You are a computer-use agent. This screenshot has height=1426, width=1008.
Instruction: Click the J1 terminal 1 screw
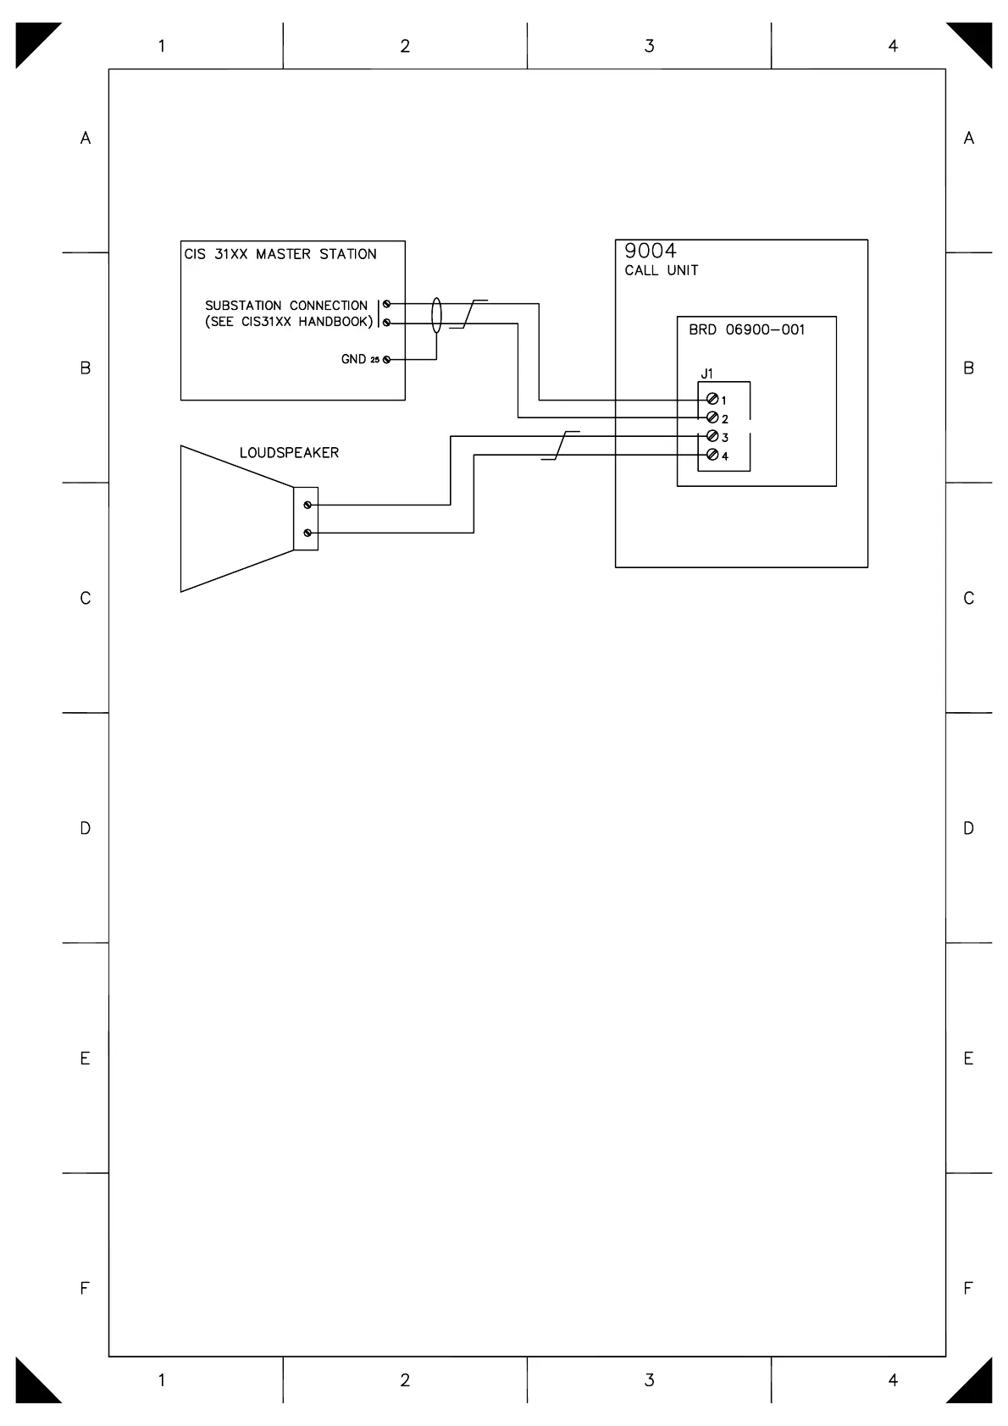coord(712,400)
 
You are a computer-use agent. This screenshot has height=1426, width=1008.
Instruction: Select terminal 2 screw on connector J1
coord(712,417)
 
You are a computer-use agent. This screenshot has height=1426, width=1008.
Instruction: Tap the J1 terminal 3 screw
coord(712,436)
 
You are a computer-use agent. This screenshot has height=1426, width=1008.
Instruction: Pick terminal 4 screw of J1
coord(712,456)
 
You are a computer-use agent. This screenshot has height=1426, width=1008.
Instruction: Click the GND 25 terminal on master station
coord(387,360)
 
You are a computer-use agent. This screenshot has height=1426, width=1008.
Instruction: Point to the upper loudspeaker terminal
coord(307,505)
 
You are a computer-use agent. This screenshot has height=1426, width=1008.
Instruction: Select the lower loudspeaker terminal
coord(307,533)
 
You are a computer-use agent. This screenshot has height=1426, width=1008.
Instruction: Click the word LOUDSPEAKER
coord(289,453)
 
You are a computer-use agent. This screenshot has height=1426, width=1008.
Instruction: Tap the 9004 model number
coord(651,251)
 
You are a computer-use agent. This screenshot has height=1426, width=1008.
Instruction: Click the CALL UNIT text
coord(662,271)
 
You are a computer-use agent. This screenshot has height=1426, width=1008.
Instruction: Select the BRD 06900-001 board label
coord(746,330)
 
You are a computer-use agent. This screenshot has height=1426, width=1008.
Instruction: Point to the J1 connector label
coord(706,373)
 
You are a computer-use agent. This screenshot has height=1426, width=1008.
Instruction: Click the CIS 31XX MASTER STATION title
coord(280,254)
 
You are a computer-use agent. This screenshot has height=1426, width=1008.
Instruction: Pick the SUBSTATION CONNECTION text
coord(286,306)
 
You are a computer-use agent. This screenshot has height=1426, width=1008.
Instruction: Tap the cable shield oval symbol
coord(437,315)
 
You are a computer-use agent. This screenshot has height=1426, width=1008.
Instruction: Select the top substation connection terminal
coord(387,304)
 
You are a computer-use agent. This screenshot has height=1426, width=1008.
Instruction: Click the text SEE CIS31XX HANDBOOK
coord(289,322)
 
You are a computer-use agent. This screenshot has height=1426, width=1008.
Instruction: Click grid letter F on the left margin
coord(85,1288)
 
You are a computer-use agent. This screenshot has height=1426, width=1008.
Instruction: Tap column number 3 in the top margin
coord(650,47)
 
